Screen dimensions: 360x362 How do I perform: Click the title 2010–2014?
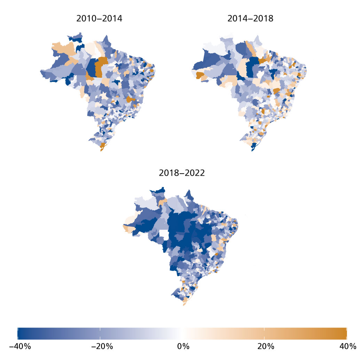tap(99, 19)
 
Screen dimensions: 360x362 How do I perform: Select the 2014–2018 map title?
tap(250, 19)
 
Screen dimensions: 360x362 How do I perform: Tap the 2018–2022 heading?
tap(182, 172)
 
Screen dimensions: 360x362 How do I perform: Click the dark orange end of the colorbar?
tap(343, 333)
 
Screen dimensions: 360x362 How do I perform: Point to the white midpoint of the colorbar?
tap(182, 333)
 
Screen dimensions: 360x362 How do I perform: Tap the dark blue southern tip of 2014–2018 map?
tap(253, 148)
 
